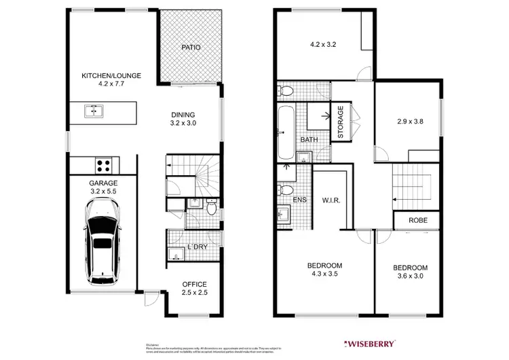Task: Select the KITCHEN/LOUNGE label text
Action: [111, 75]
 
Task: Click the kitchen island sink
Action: [94, 111]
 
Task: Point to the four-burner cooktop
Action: [103, 164]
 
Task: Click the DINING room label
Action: [183, 115]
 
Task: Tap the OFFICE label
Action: [194, 284]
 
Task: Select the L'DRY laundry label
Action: [197, 247]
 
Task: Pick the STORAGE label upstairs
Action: [341, 122]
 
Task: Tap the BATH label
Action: [309, 141]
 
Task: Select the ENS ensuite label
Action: [301, 200]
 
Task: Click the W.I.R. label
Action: [331, 200]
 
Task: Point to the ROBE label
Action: [417, 221]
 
